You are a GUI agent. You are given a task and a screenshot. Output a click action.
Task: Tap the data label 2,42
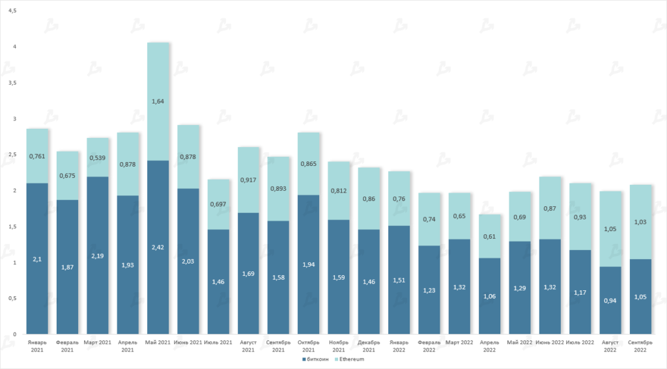click(158, 247)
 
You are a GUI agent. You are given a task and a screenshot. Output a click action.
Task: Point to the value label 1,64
click(158, 102)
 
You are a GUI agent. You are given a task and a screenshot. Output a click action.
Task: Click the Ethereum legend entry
click(350, 359)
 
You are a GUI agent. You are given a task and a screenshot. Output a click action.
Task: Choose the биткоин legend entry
click(317, 359)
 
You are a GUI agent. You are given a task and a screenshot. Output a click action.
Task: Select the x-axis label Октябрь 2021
click(309, 345)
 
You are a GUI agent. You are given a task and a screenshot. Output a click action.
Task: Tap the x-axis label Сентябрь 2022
click(640, 345)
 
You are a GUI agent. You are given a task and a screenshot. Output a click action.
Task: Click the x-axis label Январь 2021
click(37, 345)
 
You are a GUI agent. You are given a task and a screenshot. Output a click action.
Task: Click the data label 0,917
click(249, 180)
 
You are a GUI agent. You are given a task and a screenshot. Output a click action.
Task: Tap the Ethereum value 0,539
click(98, 157)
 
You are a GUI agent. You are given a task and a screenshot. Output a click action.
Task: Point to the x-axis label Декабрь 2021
click(369, 345)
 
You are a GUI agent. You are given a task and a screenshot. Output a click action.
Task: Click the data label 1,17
click(580, 292)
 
